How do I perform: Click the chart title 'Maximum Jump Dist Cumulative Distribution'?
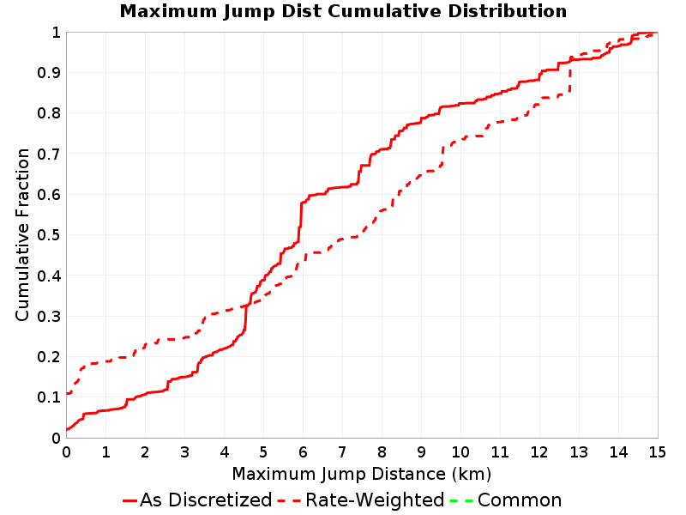344,11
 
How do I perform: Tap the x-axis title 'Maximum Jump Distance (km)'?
361,474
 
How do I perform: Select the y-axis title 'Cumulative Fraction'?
22,234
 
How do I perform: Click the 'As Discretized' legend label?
206,500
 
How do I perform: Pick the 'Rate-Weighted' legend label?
375,500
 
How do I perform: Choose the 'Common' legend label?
520,500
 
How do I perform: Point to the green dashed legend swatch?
461,500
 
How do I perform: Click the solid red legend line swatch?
130,500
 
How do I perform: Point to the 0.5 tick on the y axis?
49,235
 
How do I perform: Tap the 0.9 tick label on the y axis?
49,73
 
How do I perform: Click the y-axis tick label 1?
56,33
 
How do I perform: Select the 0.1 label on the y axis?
49,397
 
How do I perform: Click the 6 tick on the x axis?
303,451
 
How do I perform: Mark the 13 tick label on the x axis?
579,451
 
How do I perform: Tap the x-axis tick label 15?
657,451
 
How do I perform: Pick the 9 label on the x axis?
421,451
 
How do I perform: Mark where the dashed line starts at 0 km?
67,393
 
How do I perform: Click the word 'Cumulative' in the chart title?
384,11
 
